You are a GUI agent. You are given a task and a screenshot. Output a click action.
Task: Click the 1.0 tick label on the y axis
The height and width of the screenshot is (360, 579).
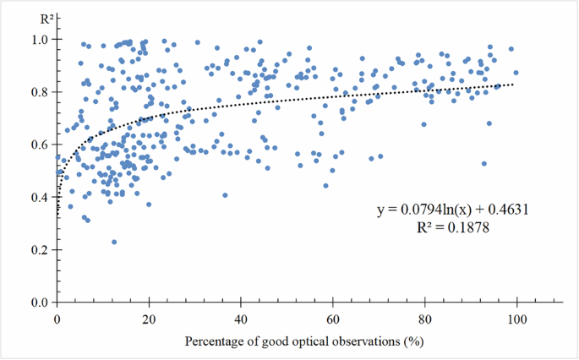(x=40, y=39)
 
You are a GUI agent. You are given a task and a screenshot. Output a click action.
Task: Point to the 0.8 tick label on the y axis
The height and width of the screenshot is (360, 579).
(x=40, y=91)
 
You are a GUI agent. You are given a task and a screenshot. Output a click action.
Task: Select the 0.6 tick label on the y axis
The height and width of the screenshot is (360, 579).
(x=40, y=145)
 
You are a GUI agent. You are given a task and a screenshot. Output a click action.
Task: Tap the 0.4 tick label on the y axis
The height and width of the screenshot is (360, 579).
(x=40, y=197)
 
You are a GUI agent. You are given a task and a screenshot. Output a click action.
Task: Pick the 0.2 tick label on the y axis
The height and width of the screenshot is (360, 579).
(x=40, y=250)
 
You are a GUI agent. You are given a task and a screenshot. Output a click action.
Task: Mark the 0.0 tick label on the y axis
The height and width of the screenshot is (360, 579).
(x=40, y=303)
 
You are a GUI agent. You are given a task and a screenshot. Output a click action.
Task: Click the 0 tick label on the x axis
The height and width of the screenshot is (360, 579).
(x=57, y=319)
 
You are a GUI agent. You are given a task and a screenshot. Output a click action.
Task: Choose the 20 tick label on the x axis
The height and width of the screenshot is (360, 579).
(x=149, y=319)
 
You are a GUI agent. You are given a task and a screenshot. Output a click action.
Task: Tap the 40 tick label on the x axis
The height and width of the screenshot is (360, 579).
(x=241, y=319)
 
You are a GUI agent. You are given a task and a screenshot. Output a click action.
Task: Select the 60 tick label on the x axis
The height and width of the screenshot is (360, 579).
(x=333, y=319)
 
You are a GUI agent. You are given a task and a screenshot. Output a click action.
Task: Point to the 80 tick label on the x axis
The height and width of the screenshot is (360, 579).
(x=425, y=319)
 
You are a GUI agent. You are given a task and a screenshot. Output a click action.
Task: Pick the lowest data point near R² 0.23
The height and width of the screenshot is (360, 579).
(x=114, y=242)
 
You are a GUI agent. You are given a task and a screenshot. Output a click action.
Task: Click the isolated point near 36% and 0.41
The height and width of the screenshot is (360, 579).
(x=225, y=195)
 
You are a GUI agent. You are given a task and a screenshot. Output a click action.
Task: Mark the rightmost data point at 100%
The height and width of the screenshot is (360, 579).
(x=516, y=73)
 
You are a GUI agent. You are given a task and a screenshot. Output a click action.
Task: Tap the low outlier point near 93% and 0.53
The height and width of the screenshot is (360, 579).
(x=484, y=164)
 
